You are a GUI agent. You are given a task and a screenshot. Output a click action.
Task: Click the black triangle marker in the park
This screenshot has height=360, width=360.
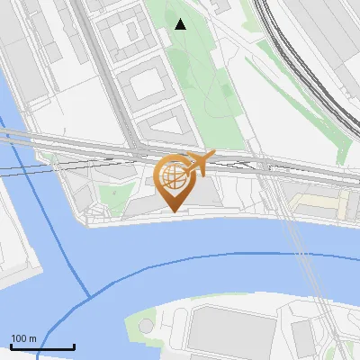pyautogui.click(x=181, y=24)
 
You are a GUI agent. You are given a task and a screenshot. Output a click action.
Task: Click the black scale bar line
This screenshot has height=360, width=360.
pyautogui.click(x=42, y=347)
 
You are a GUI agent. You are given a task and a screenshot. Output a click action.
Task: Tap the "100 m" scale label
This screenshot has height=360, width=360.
pyautogui.click(x=24, y=338)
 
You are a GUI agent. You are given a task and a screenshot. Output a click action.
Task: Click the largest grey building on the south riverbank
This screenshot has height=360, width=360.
pyautogui.click(x=229, y=331)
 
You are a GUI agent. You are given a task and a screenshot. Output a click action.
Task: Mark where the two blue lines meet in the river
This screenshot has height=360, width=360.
pyautogui.click(x=89, y=296)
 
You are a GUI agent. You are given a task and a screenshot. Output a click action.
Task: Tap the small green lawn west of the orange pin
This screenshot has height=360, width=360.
pyautogui.click(x=112, y=193)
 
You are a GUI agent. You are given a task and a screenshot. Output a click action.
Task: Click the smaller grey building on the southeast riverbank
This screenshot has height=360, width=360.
pyautogui.click(x=303, y=337)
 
